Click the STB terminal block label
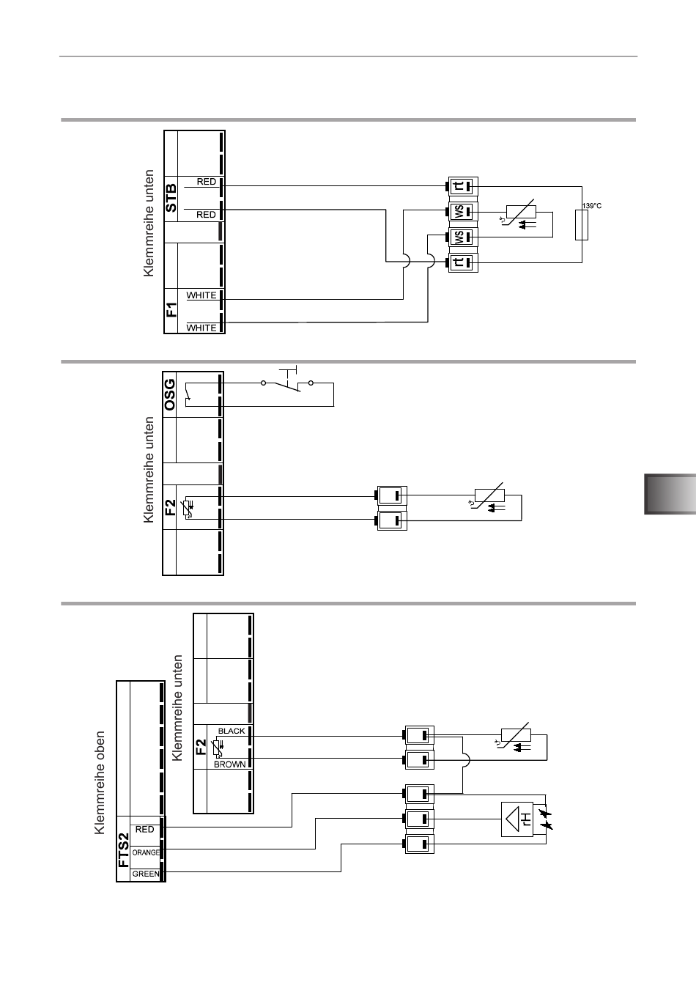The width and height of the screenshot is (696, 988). [171, 198]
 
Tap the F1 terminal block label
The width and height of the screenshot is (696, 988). [171, 309]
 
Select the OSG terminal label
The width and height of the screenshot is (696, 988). [169, 395]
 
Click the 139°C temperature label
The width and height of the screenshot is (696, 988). [591, 206]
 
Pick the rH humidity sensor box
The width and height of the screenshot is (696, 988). [517, 819]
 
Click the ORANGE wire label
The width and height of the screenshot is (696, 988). [146, 852]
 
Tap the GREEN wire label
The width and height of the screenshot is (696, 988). [146, 874]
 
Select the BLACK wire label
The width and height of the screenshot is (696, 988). [232, 731]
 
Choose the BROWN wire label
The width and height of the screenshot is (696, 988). [229, 764]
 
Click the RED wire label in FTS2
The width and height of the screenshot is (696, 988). [144, 829]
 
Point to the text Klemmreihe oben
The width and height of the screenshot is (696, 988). [100, 783]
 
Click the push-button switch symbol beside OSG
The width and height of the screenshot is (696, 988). [287, 380]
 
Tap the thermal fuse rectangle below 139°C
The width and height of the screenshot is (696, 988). [582, 225]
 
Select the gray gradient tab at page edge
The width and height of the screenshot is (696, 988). [670, 494]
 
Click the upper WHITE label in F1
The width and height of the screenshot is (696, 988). [201, 295]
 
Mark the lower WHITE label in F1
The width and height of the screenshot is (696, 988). [201, 328]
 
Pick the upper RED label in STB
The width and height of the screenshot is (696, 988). [207, 182]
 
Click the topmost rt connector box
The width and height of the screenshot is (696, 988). [463, 187]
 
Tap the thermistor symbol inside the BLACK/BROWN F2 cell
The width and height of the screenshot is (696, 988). [216, 748]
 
